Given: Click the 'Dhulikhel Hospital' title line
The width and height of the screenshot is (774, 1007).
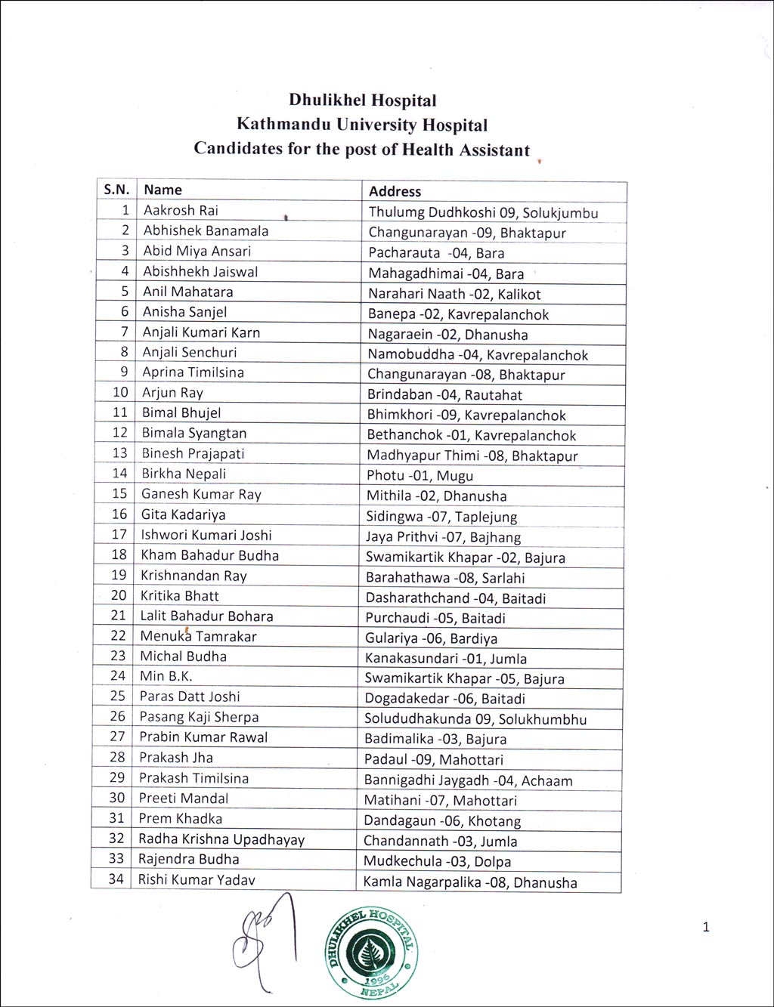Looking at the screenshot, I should [362, 100].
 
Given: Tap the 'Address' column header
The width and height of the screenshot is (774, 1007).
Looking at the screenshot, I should [395, 192].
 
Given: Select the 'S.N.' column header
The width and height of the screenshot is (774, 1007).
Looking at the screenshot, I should [116, 190].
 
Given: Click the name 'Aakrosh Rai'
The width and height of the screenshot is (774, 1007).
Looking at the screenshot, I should [181, 210].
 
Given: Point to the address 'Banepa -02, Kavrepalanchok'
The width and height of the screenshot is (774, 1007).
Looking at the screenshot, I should [458, 314].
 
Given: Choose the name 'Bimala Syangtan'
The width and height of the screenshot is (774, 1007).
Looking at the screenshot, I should [194, 433].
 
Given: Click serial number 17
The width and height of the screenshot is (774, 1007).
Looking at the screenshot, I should [119, 535].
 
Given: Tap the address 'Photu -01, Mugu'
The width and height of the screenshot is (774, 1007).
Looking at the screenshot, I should [420, 476].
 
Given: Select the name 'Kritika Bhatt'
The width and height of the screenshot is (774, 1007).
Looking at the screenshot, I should [180, 595].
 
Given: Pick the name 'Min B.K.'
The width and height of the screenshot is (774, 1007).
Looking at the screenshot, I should [166, 676].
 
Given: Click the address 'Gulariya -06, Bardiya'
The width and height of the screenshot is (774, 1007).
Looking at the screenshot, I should [431, 638].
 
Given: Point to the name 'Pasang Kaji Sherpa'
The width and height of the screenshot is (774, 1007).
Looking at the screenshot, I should [199, 717].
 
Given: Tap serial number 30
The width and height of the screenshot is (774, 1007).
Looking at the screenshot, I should [116, 798].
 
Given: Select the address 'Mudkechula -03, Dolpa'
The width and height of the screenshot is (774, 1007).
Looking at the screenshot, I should [437, 861].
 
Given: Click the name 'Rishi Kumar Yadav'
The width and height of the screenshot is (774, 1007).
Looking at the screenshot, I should [197, 879].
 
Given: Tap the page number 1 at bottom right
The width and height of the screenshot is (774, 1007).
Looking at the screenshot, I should [706, 927].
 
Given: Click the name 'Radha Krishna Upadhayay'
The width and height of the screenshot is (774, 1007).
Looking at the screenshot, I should [221, 839].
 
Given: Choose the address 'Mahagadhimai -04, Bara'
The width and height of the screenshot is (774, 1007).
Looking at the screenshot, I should [446, 273].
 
